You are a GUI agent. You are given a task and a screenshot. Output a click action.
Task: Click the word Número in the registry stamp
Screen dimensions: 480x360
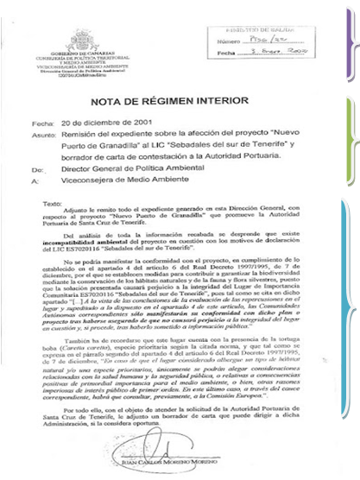pyautogui.click(x=229, y=40)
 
